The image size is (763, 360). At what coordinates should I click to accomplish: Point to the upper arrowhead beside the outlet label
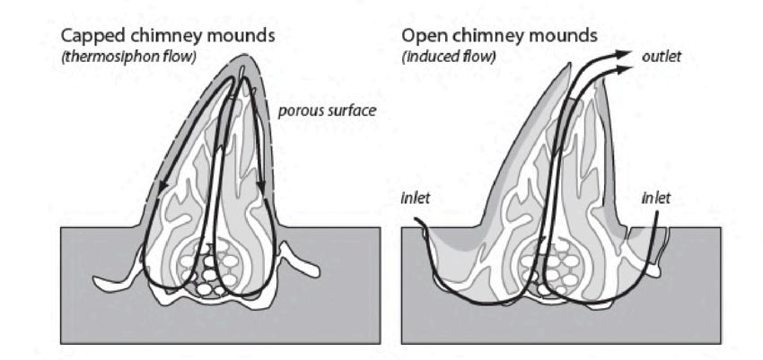622,53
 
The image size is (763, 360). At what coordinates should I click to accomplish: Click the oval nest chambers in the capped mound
213,269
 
